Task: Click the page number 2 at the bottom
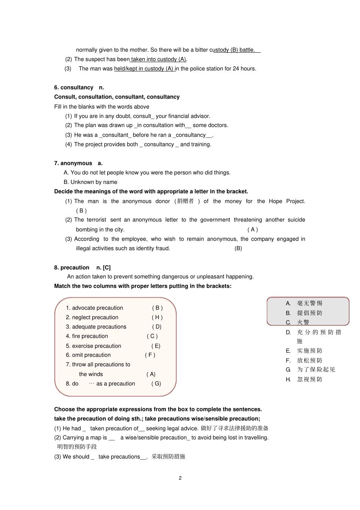180,478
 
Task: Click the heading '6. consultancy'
74,88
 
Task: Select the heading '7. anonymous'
73,163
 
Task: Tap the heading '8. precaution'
72,267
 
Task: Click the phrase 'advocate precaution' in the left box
97,308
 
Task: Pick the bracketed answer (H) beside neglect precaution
157,317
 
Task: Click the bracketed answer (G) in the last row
156,383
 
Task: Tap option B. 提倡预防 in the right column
304,313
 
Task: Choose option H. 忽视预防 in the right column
304,379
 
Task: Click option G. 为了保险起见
311,369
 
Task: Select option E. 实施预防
304,351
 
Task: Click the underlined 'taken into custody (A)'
158,59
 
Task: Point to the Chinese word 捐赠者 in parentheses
185,201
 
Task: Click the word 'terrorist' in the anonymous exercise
97,220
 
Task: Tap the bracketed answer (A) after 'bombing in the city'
252,229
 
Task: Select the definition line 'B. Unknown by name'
90,182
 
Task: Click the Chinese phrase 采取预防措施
168,457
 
